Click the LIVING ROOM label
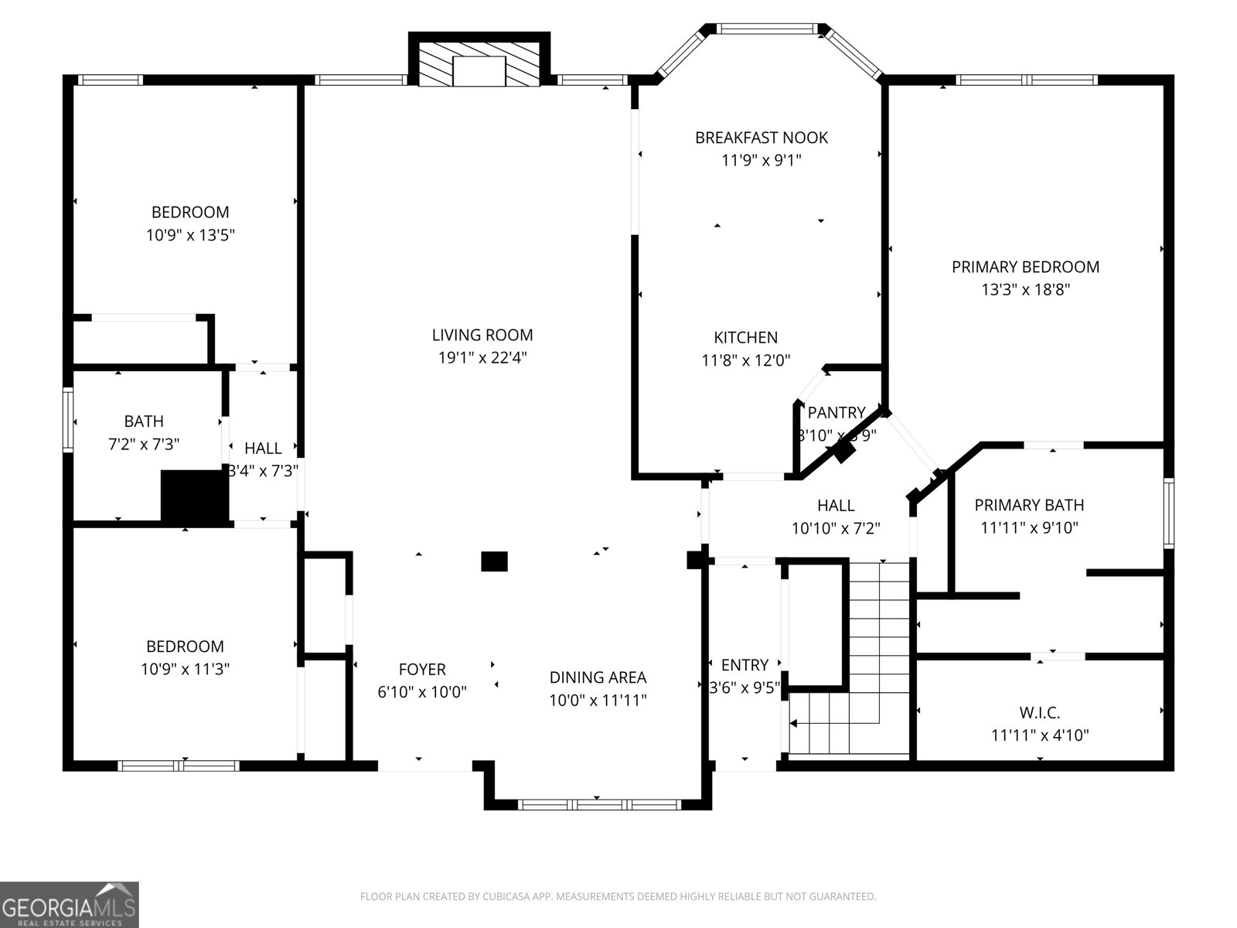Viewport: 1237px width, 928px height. tap(482, 335)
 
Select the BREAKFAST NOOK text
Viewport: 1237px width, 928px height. tap(761, 138)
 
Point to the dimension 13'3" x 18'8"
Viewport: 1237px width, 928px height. tap(1025, 290)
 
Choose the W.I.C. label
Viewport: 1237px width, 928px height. tap(1039, 711)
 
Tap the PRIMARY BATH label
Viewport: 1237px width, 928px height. tap(1028, 505)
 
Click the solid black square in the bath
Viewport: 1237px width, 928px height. tap(195, 496)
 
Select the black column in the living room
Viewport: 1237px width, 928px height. tap(494, 561)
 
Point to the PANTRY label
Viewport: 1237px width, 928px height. tap(836, 412)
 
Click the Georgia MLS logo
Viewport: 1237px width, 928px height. tap(70, 904)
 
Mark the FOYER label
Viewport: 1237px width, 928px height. tap(422, 669)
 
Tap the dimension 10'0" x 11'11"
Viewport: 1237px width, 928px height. tap(598, 701)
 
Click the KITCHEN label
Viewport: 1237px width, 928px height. tap(745, 337)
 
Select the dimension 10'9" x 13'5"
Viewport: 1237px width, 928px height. tap(190, 235)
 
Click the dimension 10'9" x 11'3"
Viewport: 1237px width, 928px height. tap(185, 670)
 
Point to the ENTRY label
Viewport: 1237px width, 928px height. tap(745, 665)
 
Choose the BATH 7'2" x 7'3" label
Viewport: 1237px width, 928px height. tap(144, 432)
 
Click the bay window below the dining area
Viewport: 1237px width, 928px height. tap(598, 804)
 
